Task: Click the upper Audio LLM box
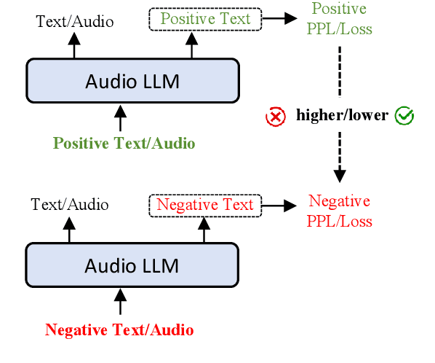coord(132,79)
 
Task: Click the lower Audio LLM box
coord(132,265)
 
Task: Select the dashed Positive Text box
coord(205,18)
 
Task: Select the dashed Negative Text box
coord(205,204)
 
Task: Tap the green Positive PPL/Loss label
coord(339,19)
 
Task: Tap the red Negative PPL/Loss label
coord(340,211)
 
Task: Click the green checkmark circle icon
coord(404,115)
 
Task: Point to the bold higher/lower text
coord(341,116)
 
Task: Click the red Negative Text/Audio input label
coord(119,329)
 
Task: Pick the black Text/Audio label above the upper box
coord(75,21)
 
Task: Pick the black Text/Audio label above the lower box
coord(70,205)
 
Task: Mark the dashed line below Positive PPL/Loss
coord(340,73)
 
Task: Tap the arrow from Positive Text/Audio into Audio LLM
coord(120,117)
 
